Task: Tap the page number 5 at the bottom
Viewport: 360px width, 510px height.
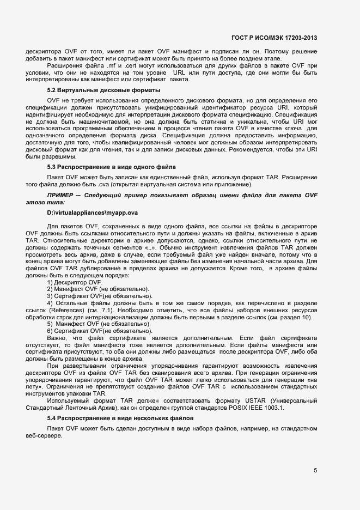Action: tap(315, 471)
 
